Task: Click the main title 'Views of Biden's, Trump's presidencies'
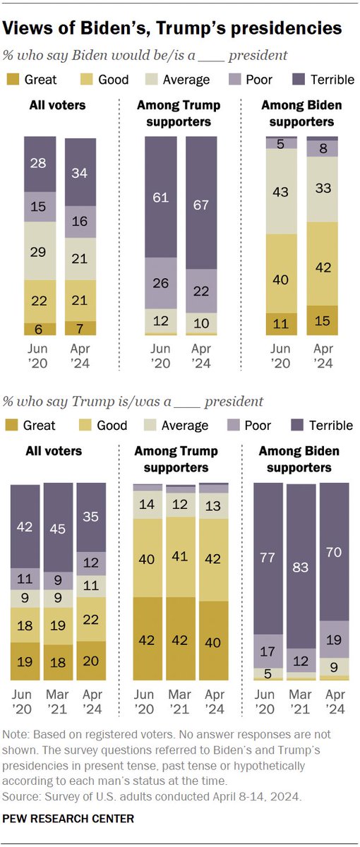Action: click(173, 28)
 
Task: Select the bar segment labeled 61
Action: click(162, 197)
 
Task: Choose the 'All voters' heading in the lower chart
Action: click(56, 450)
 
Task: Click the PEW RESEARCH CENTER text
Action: click(68, 819)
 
